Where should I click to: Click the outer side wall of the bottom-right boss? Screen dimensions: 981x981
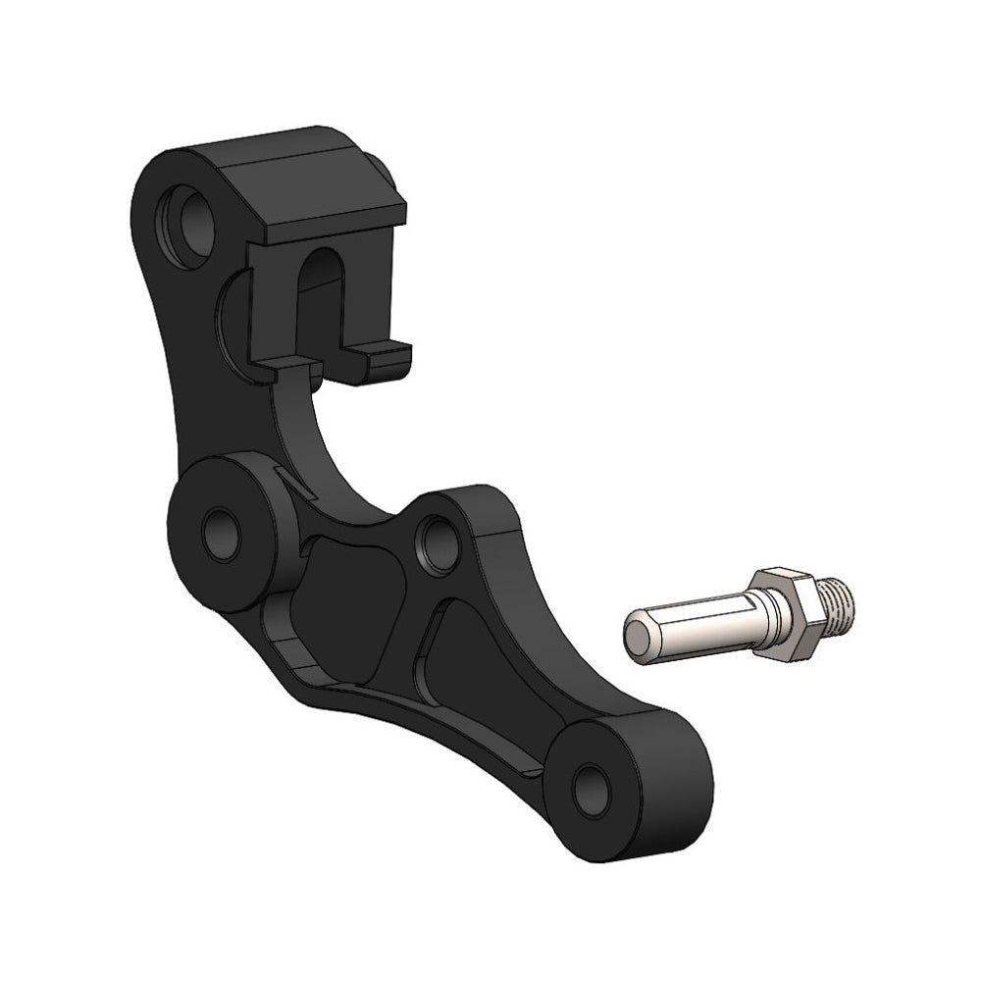click(x=677, y=785)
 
